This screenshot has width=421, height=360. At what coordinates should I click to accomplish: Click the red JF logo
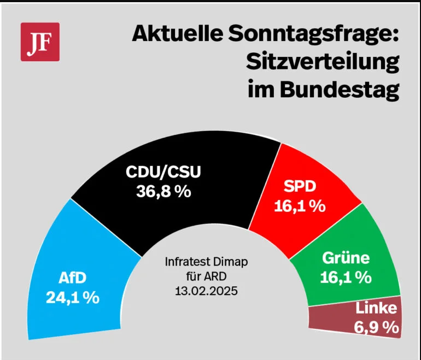click(x=40, y=42)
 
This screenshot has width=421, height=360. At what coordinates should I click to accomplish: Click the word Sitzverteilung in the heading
click(x=323, y=63)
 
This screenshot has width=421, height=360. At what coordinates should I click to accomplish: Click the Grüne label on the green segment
click(x=346, y=258)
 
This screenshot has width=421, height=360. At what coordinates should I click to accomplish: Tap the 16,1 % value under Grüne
click(x=346, y=277)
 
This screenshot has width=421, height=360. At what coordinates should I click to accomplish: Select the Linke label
click(x=376, y=308)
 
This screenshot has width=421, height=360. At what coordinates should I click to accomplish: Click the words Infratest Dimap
click(x=206, y=262)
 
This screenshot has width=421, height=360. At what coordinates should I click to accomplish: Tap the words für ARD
click(x=206, y=275)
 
